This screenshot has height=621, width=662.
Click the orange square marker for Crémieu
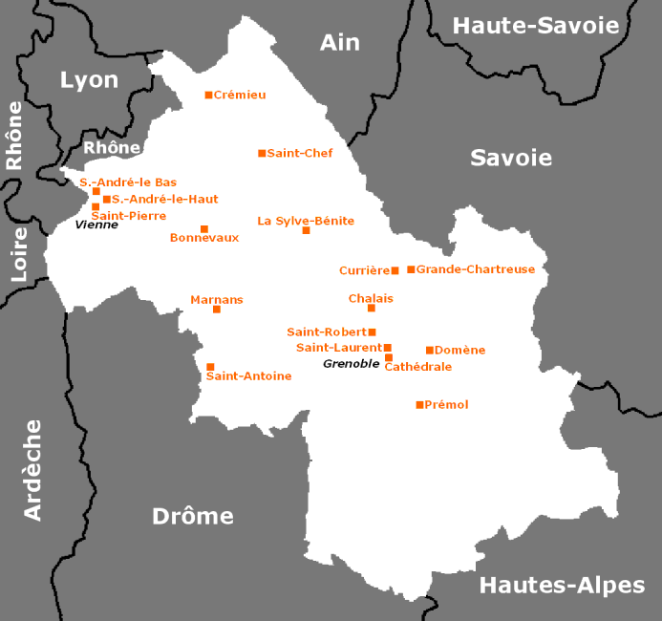click(x=208, y=95)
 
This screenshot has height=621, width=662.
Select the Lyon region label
click(x=89, y=79)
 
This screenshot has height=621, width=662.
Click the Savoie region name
click(x=511, y=158)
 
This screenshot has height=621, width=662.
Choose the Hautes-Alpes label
click(x=562, y=585)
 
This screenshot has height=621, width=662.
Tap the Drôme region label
click(x=193, y=516)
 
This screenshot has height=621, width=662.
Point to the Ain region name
click(x=340, y=42)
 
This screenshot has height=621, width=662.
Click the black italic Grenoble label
click(x=351, y=364)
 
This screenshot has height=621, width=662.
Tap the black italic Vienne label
click(x=96, y=225)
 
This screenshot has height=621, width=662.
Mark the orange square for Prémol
click(x=419, y=405)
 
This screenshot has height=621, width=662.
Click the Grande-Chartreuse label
click(x=475, y=269)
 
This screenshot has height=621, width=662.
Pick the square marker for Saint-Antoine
click(x=210, y=367)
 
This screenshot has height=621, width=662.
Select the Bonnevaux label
click(x=203, y=238)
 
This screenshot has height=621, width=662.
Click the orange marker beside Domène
click(x=430, y=350)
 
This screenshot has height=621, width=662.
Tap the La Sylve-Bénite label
click(x=306, y=221)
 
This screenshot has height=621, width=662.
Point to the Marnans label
click(x=217, y=300)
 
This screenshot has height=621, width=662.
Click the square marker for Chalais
click(x=372, y=308)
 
